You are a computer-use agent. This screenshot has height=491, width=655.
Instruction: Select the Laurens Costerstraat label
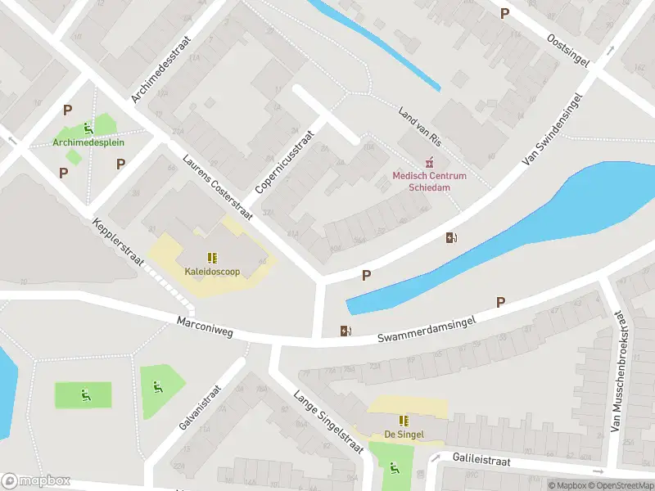219,187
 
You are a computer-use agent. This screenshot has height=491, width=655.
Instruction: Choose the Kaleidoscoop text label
212,271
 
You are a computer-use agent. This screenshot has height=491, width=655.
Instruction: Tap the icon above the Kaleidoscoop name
212,257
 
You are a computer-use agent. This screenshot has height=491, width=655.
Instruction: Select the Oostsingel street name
568,51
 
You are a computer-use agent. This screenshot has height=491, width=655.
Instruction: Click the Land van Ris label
420,127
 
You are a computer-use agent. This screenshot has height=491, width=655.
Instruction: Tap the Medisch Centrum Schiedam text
429,181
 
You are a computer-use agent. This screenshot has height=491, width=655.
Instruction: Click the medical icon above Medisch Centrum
427,162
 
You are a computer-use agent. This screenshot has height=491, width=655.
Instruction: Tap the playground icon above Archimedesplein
88,128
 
